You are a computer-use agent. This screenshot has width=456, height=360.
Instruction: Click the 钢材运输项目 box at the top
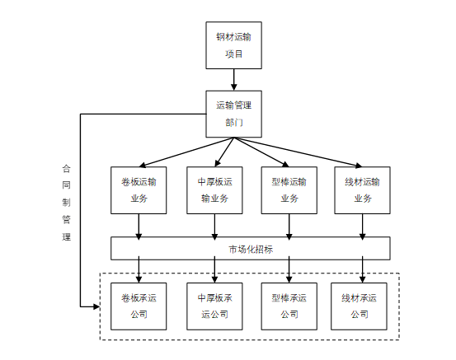(234, 45)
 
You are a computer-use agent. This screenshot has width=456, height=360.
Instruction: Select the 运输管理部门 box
(234, 113)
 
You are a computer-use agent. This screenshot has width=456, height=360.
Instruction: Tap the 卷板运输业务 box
(139, 189)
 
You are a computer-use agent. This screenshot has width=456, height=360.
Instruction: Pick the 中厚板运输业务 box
(215, 189)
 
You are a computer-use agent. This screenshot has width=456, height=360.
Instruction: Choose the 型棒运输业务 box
(289, 189)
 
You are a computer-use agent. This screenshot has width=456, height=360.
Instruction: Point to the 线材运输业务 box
(362, 189)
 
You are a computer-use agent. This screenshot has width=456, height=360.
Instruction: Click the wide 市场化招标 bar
(251, 248)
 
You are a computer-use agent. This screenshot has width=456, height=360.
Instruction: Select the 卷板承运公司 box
(139, 306)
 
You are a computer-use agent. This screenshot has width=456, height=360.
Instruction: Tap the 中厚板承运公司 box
(215, 306)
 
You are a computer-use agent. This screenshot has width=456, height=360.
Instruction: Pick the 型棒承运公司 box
(289, 306)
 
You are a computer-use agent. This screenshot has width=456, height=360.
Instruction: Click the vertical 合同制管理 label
(66, 201)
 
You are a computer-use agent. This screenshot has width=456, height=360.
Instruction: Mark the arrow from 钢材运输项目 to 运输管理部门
(234, 79)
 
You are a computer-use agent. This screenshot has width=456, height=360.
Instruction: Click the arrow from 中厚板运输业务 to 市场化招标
(215, 225)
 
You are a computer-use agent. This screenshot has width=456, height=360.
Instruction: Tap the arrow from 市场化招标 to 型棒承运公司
(289, 269)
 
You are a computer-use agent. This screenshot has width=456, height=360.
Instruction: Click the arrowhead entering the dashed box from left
(95, 306)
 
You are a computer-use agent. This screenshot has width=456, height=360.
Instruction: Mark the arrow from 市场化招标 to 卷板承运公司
(139, 269)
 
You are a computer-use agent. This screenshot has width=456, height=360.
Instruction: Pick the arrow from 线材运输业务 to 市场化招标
(362, 225)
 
